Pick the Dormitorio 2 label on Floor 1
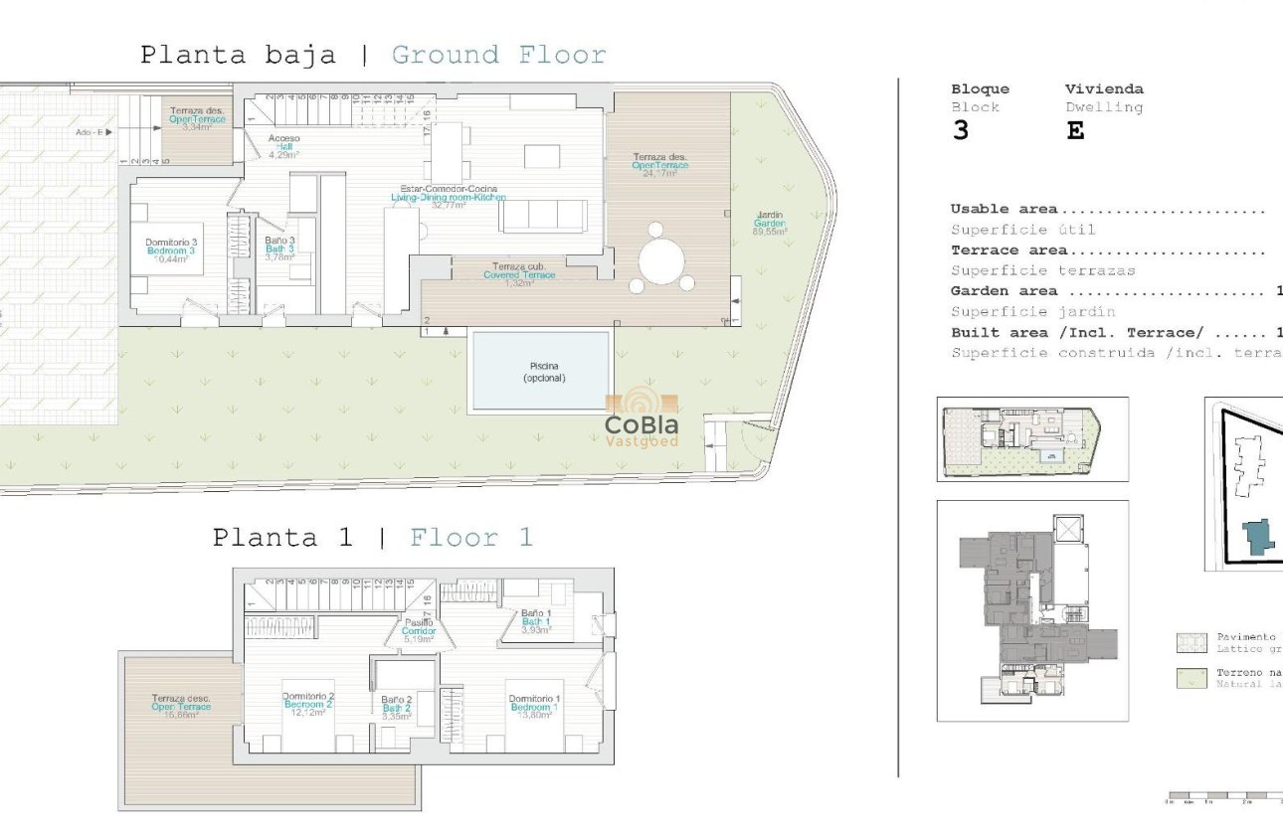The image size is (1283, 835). point(307,705)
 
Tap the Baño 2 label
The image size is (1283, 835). point(396,708)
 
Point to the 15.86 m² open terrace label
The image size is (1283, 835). point(181,706)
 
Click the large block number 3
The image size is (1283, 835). point(960,131)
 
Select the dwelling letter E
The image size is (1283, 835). point(1075,131)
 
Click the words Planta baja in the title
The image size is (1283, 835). point(238,55)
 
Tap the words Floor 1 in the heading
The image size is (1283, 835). point(471,538)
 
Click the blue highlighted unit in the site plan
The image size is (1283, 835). point(1258,537)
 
